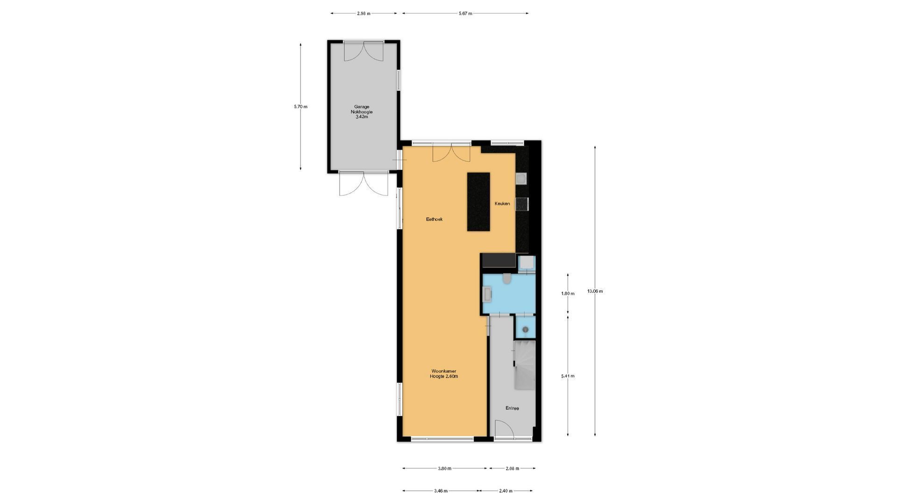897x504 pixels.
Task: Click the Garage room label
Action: point(362,107)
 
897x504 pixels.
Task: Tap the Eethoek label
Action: point(434,219)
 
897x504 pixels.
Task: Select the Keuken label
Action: point(502,203)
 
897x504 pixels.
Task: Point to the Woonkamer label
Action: point(444,371)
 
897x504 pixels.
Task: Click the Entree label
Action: point(512,408)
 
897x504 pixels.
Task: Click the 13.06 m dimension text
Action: point(595,291)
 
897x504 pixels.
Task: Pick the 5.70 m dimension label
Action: point(300,106)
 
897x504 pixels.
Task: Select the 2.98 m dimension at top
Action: point(363,14)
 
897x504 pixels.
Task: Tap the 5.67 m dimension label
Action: point(465,14)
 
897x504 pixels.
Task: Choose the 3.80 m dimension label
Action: point(444,469)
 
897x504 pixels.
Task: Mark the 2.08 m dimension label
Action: point(512,469)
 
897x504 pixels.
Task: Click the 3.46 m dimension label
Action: point(441,491)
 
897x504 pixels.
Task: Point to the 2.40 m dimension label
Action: point(505,491)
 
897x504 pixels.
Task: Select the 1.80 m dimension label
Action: point(568,294)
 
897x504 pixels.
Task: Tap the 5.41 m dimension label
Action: point(568,376)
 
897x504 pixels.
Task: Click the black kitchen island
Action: point(478,202)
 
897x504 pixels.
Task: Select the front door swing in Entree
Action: point(505,429)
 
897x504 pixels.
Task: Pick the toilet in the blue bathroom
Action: point(507,279)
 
